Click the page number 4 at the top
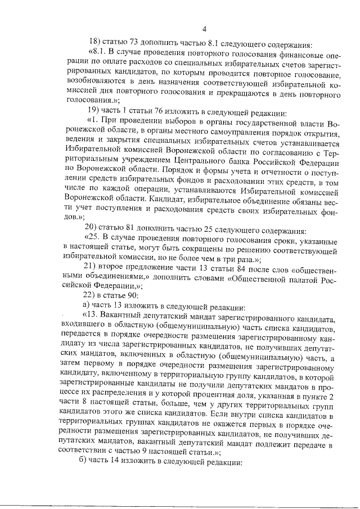[x=205, y=29]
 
